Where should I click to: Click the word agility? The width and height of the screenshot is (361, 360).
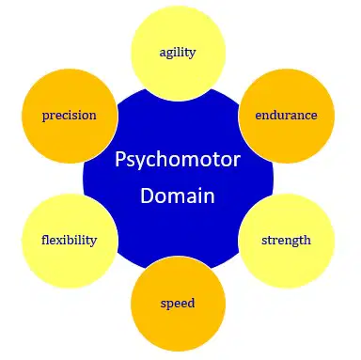point(178,53)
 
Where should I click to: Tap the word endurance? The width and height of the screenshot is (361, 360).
point(286,115)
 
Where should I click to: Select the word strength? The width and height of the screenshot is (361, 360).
point(286,241)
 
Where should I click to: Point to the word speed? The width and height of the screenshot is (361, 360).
point(178,304)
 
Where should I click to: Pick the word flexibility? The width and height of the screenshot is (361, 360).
point(70,241)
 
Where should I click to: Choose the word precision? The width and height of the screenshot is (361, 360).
point(70,116)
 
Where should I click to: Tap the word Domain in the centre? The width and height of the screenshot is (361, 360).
point(178,196)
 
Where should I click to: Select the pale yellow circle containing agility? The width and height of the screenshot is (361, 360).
point(179,54)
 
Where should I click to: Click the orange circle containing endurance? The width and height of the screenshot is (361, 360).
point(287,116)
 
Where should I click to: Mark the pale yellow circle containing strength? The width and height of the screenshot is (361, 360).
point(287,241)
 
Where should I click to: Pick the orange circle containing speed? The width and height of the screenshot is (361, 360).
point(179,304)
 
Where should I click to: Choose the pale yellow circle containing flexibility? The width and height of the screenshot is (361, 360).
point(70,241)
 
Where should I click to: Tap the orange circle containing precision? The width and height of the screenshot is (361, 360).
point(70,116)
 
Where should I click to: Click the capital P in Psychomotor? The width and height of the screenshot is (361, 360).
point(120,159)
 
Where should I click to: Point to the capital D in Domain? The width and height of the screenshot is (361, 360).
point(147,196)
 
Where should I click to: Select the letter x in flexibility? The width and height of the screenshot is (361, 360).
point(60,241)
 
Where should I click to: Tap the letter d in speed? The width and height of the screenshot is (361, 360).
point(191,303)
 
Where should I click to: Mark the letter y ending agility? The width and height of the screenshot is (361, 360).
point(192,55)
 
